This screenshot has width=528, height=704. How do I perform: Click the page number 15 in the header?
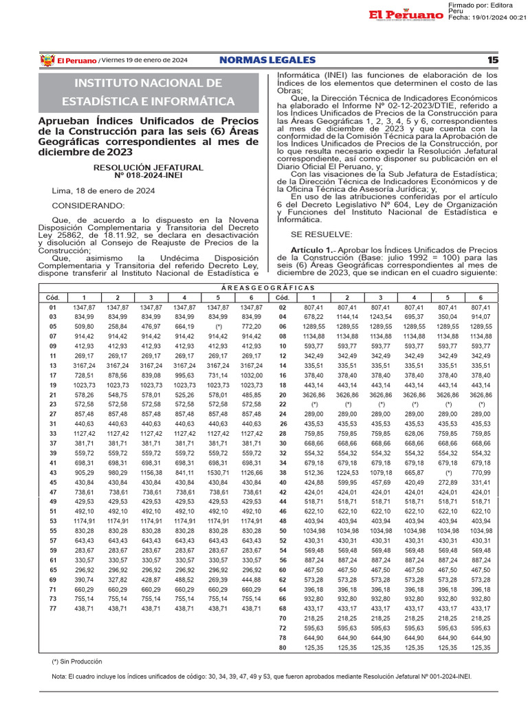click(x=492, y=60)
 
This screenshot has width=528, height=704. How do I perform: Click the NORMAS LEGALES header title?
click(x=267, y=60)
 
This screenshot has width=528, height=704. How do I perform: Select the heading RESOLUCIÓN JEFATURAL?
click(x=148, y=167)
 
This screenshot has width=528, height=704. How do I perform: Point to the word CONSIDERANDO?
click(x=89, y=206)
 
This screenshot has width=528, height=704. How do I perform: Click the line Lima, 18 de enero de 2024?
click(x=103, y=190)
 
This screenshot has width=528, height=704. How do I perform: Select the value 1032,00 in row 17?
click(x=252, y=375)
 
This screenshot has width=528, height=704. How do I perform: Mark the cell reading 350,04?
click(x=448, y=317)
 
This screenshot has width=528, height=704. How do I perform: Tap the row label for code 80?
click(x=282, y=648)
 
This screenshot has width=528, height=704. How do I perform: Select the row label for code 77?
click(x=53, y=608)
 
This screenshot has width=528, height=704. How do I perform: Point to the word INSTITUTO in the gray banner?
click(x=111, y=83)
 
